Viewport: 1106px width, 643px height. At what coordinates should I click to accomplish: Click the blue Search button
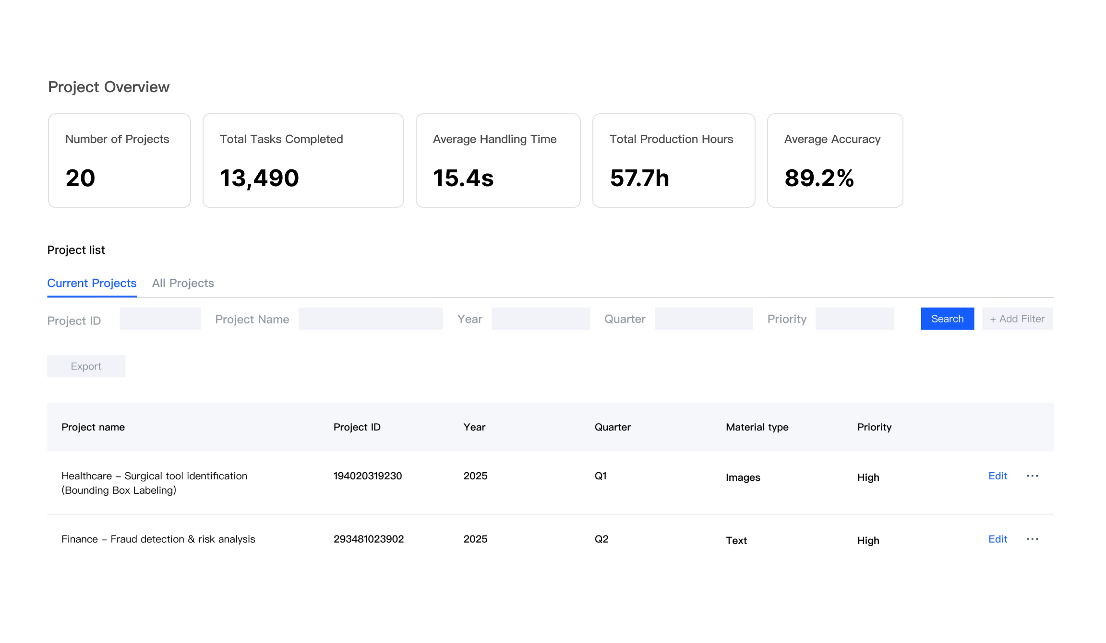coord(947,319)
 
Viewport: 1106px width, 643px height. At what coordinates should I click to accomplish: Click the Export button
coord(86,366)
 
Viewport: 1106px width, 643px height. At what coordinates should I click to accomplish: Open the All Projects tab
coord(183,283)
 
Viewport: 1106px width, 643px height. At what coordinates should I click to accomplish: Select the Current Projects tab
coord(92,283)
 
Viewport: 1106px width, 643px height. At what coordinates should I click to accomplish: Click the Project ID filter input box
coord(160,319)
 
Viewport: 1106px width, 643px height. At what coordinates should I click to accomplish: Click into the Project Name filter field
coord(370,319)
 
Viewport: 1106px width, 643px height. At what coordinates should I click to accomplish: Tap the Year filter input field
coord(541,319)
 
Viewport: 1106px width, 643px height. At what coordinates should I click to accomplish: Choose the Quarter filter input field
coord(703,319)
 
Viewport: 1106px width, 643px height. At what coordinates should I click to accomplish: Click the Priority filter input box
coord(854,319)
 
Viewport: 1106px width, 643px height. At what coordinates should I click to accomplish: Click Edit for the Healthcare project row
coord(998,476)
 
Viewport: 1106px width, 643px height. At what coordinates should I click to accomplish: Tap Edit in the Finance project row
coord(998,539)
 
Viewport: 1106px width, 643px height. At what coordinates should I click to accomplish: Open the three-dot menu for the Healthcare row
coord(1032,476)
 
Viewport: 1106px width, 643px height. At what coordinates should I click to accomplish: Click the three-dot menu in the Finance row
coord(1032,539)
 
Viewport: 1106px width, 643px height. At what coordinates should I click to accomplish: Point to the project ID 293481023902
coord(369,539)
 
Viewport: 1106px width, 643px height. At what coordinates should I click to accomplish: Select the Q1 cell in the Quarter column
coord(601,476)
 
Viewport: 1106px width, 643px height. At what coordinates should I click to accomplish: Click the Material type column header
coord(757,427)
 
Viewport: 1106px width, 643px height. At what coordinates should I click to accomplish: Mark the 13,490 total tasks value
coord(259,178)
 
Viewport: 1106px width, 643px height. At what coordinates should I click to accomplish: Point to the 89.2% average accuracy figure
coord(819,178)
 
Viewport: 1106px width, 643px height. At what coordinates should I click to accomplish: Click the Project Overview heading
coord(108,87)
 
